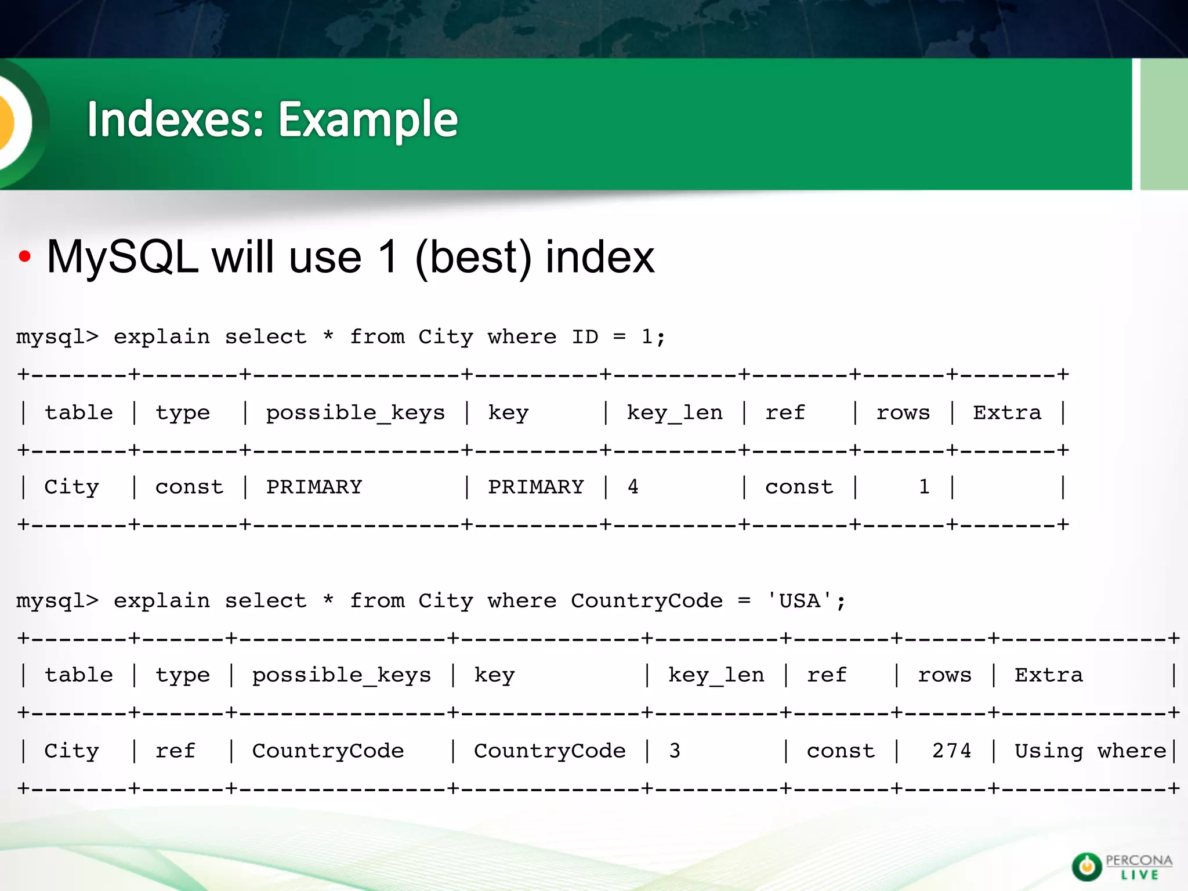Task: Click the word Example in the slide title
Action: (368, 120)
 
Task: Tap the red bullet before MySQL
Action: (24, 257)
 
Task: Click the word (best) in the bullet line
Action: (473, 257)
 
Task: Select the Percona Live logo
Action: (1121, 867)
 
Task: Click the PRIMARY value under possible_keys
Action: (314, 487)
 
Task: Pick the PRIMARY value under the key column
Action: (535, 487)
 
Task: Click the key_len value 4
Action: (633, 487)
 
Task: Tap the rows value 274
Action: (951, 751)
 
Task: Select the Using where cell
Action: (1090, 751)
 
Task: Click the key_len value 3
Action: (674, 751)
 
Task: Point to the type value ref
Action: (175, 751)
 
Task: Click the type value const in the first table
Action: (189, 487)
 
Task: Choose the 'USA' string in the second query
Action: (800, 601)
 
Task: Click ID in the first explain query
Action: (585, 337)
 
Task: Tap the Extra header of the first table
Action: (1007, 412)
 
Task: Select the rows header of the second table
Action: (944, 675)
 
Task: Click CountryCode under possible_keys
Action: (328, 751)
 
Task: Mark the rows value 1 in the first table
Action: (924, 487)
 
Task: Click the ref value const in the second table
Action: (841, 751)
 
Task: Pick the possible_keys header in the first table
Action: (355, 412)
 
